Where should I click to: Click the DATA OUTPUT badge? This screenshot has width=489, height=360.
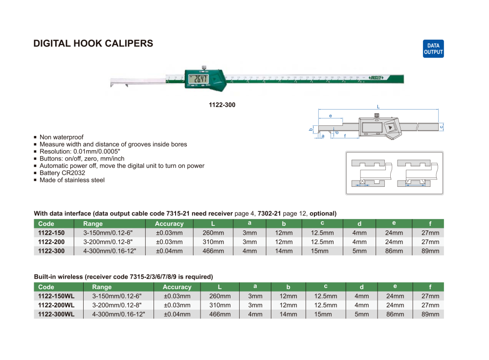pos(433,49)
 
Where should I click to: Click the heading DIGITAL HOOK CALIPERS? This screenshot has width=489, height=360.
pos(93,44)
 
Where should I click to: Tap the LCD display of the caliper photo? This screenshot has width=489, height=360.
pos(199,79)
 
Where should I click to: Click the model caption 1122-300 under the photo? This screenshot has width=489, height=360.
pos(222,105)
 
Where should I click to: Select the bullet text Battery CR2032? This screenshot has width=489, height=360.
pos(62,173)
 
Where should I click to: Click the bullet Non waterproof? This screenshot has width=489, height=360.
pos(62,137)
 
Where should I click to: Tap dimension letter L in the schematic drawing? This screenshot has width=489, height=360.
pos(378,106)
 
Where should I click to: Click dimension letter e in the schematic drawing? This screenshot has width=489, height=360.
pos(331,116)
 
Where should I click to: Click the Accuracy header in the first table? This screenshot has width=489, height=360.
pos(169,224)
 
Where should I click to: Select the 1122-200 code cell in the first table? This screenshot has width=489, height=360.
pos(51,242)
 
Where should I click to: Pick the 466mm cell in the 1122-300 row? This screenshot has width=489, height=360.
pos(213,251)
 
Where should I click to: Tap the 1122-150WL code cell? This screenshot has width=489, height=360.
pos(56,296)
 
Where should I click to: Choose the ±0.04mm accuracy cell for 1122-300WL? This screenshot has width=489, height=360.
pos(177,314)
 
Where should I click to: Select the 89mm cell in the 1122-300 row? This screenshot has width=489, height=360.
pos(430,251)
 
